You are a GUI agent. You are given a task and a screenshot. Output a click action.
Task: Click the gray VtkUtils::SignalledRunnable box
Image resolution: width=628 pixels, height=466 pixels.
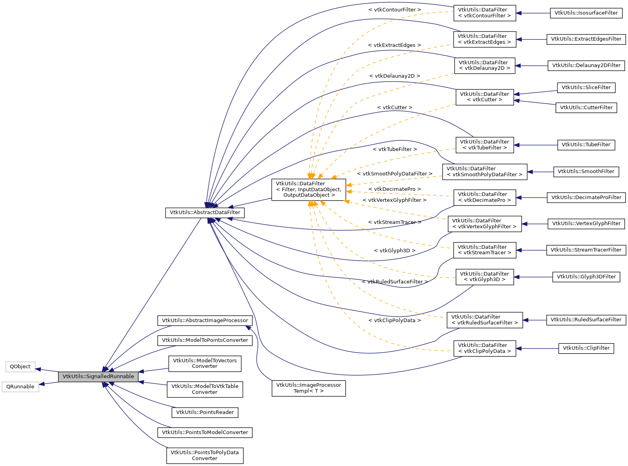click(98, 377)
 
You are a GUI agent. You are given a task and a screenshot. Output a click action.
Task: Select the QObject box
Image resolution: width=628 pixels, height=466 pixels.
click(20, 367)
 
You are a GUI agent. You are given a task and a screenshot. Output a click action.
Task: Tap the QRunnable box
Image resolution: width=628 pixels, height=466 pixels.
click(20, 387)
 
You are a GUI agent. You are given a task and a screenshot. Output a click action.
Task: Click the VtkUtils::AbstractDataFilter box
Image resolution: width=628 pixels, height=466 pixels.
click(205, 212)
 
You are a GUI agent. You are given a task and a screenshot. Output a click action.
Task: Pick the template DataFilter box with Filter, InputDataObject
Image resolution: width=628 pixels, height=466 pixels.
click(309, 189)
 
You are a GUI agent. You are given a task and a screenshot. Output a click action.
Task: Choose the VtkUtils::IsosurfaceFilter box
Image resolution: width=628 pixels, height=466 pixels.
click(586, 13)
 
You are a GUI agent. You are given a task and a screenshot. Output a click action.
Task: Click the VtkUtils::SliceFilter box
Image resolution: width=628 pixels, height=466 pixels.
click(586, 88)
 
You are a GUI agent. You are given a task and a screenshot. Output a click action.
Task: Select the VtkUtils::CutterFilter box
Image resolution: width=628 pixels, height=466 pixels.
click(586, 108)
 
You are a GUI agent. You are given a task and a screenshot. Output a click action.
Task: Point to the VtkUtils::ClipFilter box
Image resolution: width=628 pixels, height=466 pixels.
click(586, 348)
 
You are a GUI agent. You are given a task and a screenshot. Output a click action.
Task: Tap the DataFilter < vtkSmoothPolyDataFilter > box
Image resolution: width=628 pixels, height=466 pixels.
click(484, 172)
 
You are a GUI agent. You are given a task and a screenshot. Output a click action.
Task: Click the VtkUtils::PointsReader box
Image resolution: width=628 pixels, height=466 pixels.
click(205, 412)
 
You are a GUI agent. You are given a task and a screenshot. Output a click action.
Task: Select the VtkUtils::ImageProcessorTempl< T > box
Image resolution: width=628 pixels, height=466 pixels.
click(308, 388)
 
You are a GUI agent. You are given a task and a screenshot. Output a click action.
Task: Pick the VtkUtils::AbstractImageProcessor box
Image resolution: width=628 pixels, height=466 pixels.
click(205, 321)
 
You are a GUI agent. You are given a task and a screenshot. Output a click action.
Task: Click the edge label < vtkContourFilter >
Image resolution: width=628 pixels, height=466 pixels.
click(394, 9)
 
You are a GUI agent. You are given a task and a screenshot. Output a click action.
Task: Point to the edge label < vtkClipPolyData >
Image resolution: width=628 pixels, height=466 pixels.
click(394, 321)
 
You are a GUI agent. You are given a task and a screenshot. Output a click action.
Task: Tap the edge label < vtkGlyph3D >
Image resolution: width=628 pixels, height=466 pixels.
click(394, 251)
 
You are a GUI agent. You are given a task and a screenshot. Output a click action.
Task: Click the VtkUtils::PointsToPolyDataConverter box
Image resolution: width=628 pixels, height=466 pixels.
click(205, 455)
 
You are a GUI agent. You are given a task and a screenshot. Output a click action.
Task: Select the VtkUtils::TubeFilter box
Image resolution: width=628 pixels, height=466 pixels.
click(586, 145)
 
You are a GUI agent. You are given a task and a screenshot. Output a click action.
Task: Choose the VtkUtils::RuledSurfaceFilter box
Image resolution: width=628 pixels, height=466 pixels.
click(586, 320)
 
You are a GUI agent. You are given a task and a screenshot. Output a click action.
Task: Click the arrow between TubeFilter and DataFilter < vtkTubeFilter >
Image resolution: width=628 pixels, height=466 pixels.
click(535, 145)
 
